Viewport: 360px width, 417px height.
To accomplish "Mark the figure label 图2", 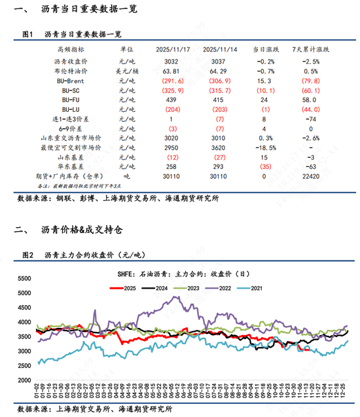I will tap(27, 255).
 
